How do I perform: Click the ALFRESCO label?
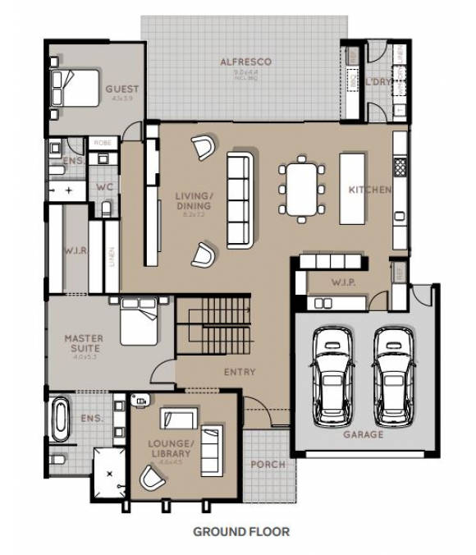(x=245, y=62)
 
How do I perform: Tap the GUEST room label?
(x=122, y=89)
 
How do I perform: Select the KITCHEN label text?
(x=369, y=190)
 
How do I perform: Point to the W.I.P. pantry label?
(x=343, y=283)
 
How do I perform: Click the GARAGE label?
(x=363, y=434)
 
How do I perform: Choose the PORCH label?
(x=268, y=465)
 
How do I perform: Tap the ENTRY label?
(x=240, y=372)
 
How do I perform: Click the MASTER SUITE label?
(x=84, y=343)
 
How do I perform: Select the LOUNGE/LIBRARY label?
(x=171, y=448)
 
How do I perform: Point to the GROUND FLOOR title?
(x=241, y=531)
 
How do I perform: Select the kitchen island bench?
(x=356, y=188)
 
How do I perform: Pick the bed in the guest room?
(x=76, y=86)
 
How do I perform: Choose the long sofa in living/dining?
(x=240, y=200)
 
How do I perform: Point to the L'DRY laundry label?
(x=378, y=83)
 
